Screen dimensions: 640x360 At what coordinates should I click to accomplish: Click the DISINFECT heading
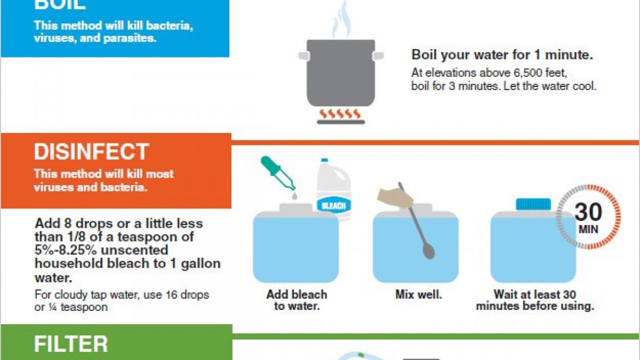pos(91,151)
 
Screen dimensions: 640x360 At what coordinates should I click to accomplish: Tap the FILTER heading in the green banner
pos(71,344)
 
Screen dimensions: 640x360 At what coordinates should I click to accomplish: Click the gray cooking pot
pos(341,73)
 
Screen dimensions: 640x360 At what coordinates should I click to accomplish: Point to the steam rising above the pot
pos(341,20)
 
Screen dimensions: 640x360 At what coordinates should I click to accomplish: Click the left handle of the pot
pos(304,56)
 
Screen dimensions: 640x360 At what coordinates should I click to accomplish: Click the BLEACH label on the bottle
pos(334,206)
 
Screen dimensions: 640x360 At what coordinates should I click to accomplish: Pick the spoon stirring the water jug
pos(417,221)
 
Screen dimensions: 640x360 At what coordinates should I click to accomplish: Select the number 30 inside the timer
pos(588,212)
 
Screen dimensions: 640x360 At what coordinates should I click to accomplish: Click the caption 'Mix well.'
pos(419,294)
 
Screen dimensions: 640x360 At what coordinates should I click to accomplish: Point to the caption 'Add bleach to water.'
pos(297,300)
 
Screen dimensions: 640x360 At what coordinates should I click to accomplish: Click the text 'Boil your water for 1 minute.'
pos(502,54)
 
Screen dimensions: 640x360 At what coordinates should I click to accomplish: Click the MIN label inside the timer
pos(589,229)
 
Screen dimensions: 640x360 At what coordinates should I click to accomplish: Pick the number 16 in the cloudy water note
pos(171,294)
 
